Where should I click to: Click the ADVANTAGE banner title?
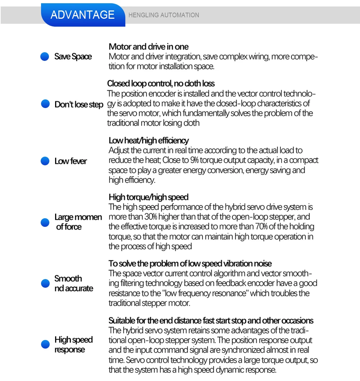82,15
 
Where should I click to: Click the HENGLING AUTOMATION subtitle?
163,15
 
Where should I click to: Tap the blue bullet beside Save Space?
45,57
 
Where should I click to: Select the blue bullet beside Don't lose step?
45,104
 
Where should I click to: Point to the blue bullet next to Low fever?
45,161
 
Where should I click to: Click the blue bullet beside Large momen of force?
45,222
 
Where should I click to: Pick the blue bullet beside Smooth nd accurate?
45,283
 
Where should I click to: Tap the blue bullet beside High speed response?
45,345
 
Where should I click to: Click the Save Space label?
73,57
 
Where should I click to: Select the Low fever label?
71,161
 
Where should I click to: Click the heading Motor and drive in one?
148,47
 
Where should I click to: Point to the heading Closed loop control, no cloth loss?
161,84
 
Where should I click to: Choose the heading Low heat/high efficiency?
148,140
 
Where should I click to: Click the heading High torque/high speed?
148,197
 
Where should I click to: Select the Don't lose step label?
79,104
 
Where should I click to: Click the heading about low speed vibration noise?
190,264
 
